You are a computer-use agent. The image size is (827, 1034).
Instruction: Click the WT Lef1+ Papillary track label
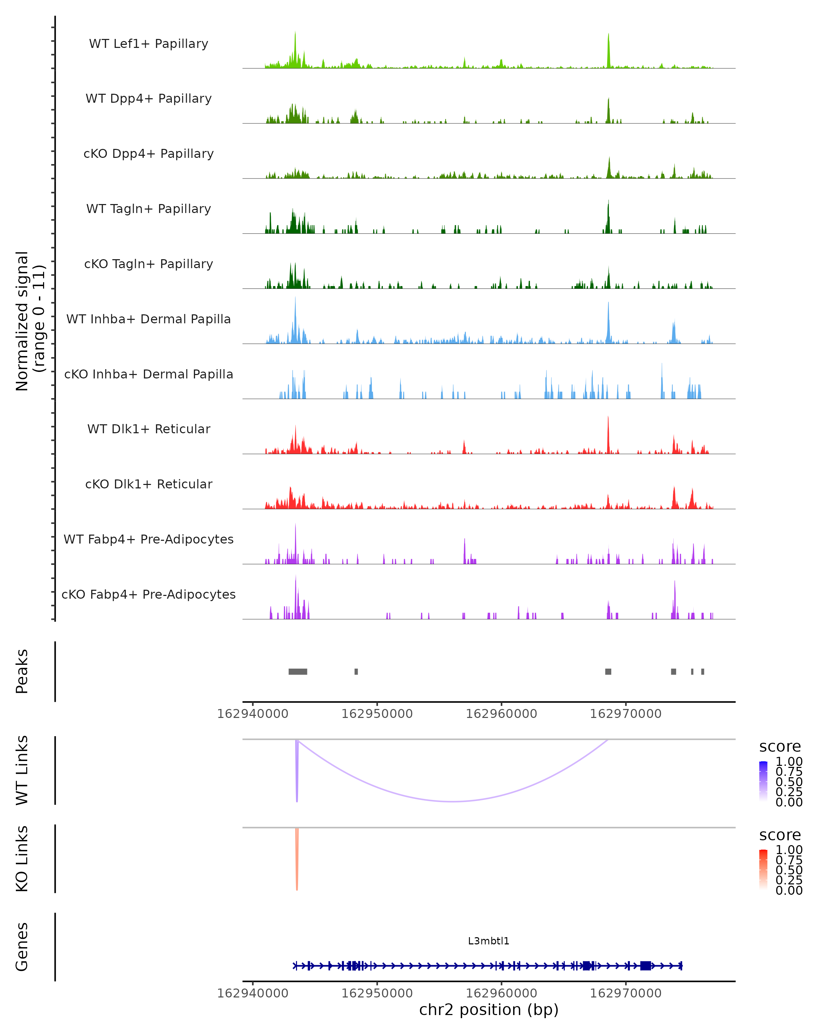(x=149, y=44)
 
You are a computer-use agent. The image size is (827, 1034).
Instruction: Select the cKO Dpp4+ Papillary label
(x=149, y=153)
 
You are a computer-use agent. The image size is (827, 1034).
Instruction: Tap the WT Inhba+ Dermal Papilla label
(x=149, y=319)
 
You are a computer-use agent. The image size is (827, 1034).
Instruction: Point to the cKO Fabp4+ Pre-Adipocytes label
(x=149, y=594)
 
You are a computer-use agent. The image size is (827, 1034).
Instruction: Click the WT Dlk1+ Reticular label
(x=149, y=429)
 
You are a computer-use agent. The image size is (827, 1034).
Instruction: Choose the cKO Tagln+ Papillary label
(x=149, y=264)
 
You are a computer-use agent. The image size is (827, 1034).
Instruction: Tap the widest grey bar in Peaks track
(x=298, y=671)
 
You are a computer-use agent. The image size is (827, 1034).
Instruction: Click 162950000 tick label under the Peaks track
(x=377, y=714)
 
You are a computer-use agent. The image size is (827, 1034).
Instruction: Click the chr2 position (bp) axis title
(x=489, y=1010)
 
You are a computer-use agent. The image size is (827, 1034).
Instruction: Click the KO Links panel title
(x=22, y=859)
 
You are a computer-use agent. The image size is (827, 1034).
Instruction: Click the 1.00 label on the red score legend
(x=789, y=850)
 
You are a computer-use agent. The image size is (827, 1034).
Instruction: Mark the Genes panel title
(x=22, y=947)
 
